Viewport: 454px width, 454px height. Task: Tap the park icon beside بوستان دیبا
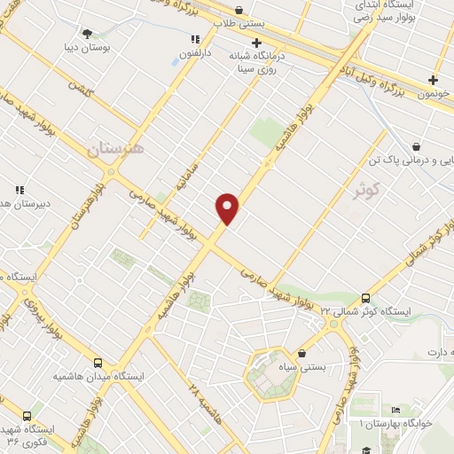86,35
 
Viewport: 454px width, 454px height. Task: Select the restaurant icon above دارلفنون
195,39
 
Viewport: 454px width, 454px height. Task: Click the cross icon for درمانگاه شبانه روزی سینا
256,43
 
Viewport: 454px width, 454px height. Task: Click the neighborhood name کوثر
364,190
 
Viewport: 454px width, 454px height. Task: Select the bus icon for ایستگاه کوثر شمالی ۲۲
366,299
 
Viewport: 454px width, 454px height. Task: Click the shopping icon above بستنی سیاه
302,353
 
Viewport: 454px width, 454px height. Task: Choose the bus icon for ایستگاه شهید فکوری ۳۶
27,415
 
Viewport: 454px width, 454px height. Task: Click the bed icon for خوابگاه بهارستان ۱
395,410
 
